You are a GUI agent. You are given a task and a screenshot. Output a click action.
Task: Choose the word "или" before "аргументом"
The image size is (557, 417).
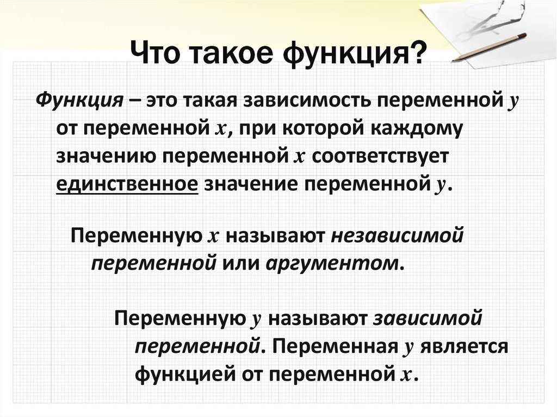239,263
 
